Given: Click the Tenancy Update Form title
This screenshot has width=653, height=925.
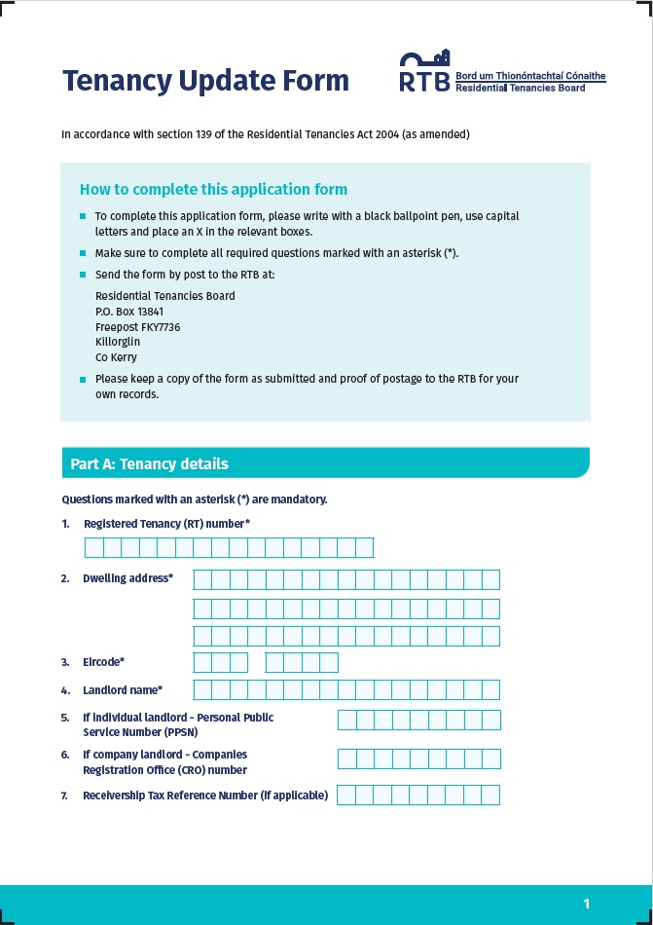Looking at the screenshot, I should click(x=205, y=81).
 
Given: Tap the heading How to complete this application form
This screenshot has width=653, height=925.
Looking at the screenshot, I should click(x=213, y=190).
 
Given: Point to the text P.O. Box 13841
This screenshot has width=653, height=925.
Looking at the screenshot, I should click(x=129, y=312).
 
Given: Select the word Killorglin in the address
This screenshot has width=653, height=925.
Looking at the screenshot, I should click(x=118, y=342).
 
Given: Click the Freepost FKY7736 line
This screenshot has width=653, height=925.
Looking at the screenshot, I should click(x=137, y=327).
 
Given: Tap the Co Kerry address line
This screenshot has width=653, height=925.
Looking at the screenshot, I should click(x=116, y=357).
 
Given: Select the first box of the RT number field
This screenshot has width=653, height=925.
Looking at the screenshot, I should click(x=94, y=548).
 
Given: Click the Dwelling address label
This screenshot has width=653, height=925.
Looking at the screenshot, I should click(x=127, y=578).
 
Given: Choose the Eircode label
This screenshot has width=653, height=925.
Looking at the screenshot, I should click(x=103, y=662).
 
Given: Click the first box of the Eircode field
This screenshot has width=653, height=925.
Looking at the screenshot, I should click(x=202, y=663).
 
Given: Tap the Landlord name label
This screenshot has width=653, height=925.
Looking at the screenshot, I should click(x=122, y=690).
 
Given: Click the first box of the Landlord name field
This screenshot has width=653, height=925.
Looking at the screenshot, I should click(x=202, y=690).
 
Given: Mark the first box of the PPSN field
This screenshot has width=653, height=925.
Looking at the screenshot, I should click(x=346, y=721).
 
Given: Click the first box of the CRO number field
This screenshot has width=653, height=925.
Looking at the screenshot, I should click(x=346, y=759).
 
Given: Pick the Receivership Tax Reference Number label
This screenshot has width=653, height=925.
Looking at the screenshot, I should click(x=204, y=795).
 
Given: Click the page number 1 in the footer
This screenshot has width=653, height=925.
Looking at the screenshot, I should click(x=587, y=904).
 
